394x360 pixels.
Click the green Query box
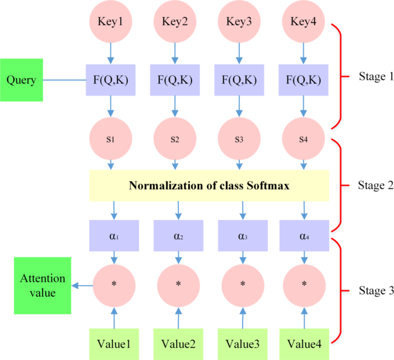22,80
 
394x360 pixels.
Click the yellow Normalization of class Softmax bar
209,186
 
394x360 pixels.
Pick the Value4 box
305,344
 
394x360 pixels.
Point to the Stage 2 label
372,185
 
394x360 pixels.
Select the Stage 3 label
372,291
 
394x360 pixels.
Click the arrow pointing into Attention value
81,285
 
